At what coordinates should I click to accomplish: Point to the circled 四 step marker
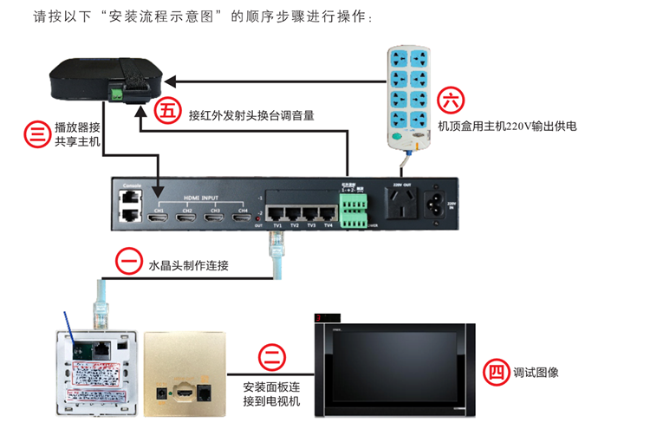(x=495, y=372)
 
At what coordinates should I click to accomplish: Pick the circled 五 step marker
(x=166, y=111)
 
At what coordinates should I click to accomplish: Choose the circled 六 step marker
(x=451, y=101)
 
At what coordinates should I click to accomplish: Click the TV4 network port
(x=328, y=212)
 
